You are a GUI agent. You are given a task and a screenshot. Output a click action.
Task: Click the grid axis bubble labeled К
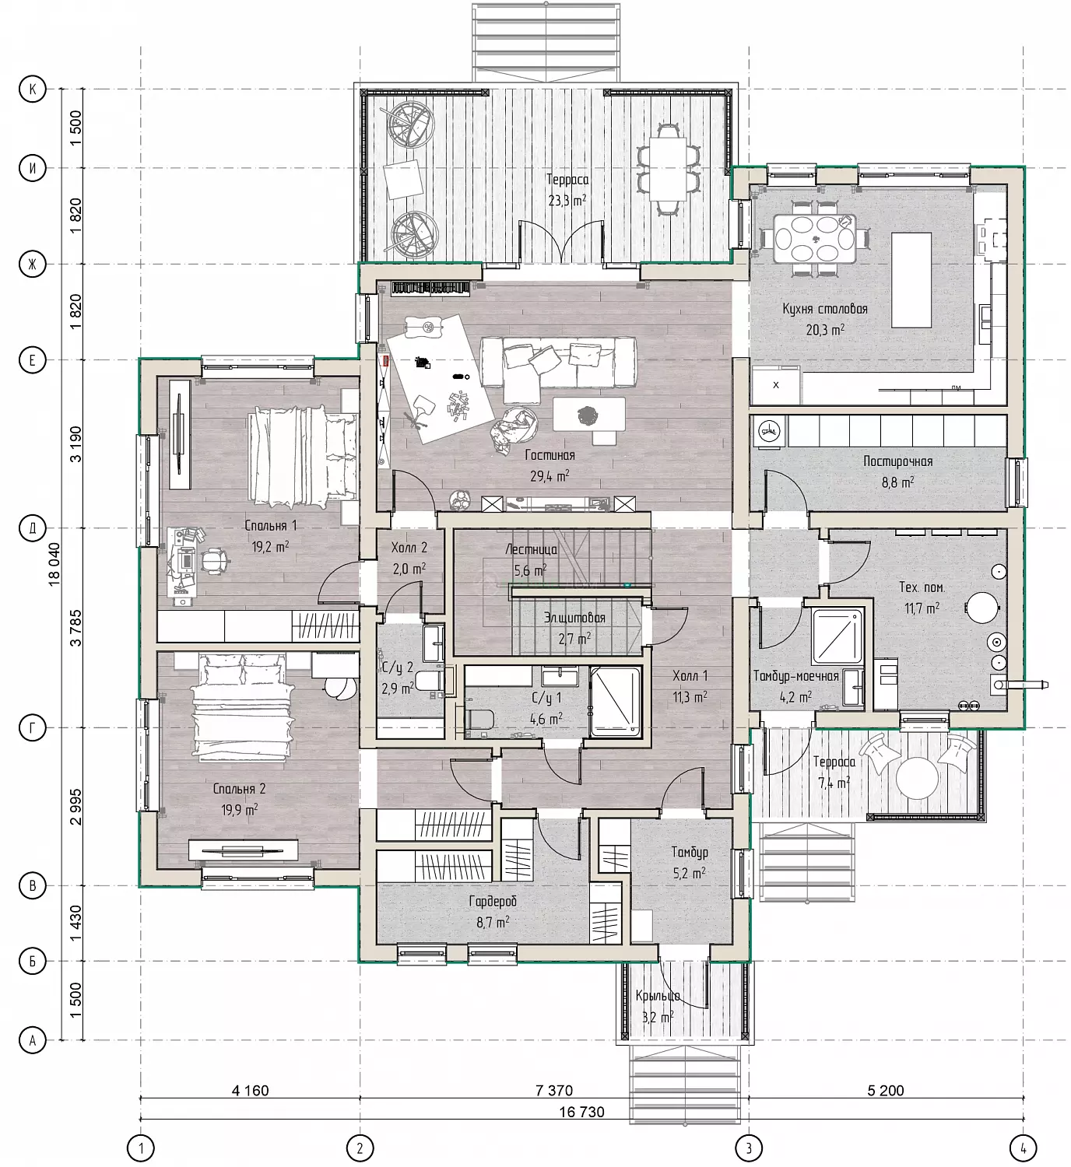[x=33, y=89]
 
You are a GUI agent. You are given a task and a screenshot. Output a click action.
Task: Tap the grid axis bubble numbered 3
[x=749, y=1148]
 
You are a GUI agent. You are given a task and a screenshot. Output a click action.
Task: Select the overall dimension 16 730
[x=581, y=1112]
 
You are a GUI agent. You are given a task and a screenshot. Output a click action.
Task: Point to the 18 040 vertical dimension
[x=54, y=563]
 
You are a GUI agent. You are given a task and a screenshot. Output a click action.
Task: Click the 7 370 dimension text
[x=554, y=1090]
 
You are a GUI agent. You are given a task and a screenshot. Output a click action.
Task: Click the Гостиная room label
[x=550, y=455]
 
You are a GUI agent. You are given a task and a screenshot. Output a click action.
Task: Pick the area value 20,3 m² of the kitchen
[x=825, y=330]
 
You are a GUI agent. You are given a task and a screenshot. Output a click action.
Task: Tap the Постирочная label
[x=897, y=461]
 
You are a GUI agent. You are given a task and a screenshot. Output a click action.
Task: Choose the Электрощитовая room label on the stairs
[x=574, y=618]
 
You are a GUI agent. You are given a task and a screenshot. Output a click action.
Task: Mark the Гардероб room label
[x=493, y=901]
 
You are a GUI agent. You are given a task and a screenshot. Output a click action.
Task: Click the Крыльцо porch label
[x=658, y=995]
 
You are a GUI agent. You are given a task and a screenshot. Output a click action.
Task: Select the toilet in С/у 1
[x=479, y=719]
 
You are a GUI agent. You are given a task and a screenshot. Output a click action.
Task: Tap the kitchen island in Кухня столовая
[x=911, y=279]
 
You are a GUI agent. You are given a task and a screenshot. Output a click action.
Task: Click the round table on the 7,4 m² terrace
[x=917, y=778]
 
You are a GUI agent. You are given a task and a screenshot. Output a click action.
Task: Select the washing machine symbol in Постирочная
[x=770, y=431]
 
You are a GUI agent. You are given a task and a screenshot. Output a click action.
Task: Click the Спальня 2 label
[x=239, y=789]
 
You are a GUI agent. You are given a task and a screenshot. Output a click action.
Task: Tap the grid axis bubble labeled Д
[x=33, y=528]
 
